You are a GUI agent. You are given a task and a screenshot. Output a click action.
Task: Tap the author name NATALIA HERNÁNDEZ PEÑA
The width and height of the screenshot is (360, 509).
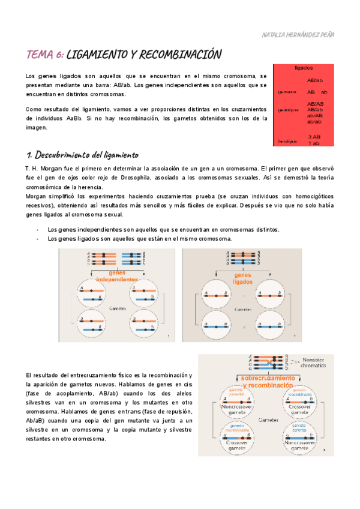point(298,34)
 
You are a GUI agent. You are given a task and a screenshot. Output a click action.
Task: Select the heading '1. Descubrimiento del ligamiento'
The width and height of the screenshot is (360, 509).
point(82,155)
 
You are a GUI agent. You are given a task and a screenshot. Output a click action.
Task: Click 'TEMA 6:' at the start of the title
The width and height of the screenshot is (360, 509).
point(45,55)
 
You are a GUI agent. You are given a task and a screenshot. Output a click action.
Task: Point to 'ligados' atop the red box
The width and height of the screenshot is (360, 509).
point(304,68)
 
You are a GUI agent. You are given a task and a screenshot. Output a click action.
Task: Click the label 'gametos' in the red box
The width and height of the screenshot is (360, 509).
point(287,92)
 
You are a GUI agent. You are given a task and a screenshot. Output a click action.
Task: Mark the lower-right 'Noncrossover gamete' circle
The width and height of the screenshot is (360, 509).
point(298,441)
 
